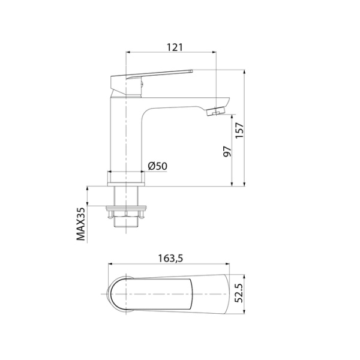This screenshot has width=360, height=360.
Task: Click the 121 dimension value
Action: coord(174,47)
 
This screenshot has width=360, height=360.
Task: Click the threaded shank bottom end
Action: coord(126,227)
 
